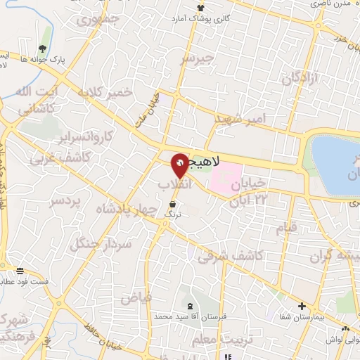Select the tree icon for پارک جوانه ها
tap(44, 49)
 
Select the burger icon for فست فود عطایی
tap(20, 271)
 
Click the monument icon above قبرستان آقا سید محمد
tap(191, 307)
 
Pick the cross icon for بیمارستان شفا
tap(302, 307)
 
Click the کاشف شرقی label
tap(222, 257)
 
